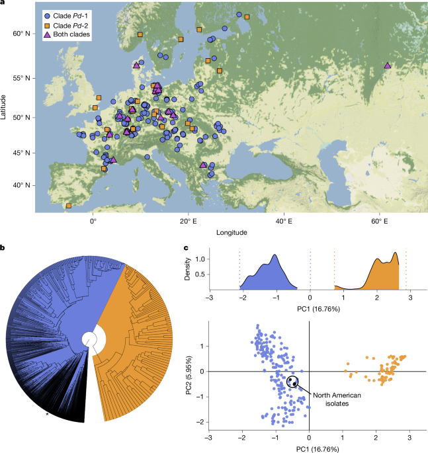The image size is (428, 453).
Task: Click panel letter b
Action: coord(3,248)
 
